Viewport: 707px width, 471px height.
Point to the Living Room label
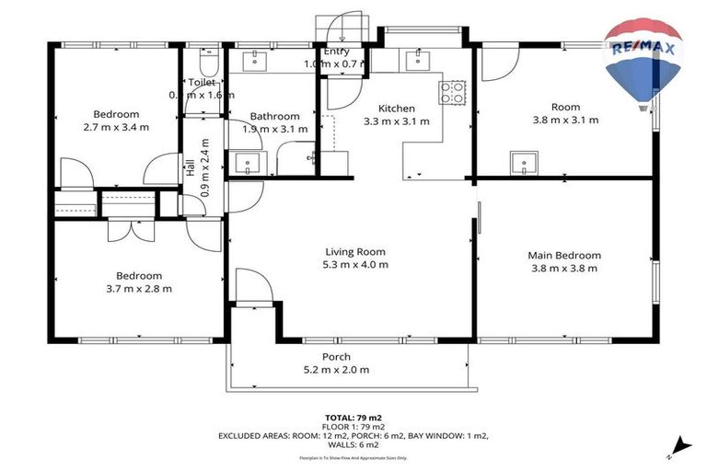coord(354,251)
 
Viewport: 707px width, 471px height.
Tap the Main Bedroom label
coord(564,256)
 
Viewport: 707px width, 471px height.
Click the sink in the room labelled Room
coord(526,164)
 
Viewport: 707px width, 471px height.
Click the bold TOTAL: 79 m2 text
coord(352,417)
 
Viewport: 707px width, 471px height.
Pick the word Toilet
coord(202,82)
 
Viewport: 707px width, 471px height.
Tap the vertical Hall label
coord(191,168)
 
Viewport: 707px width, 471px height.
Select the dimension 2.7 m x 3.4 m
coord(116,127)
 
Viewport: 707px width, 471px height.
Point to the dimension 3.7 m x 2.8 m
coord(138,288)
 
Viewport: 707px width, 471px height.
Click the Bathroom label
coord(274,116)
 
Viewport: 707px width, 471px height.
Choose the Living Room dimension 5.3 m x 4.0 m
coord(354,264)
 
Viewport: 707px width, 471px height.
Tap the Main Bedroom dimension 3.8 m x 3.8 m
coord(564,269)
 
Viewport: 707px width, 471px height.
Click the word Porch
coord(335,357)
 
